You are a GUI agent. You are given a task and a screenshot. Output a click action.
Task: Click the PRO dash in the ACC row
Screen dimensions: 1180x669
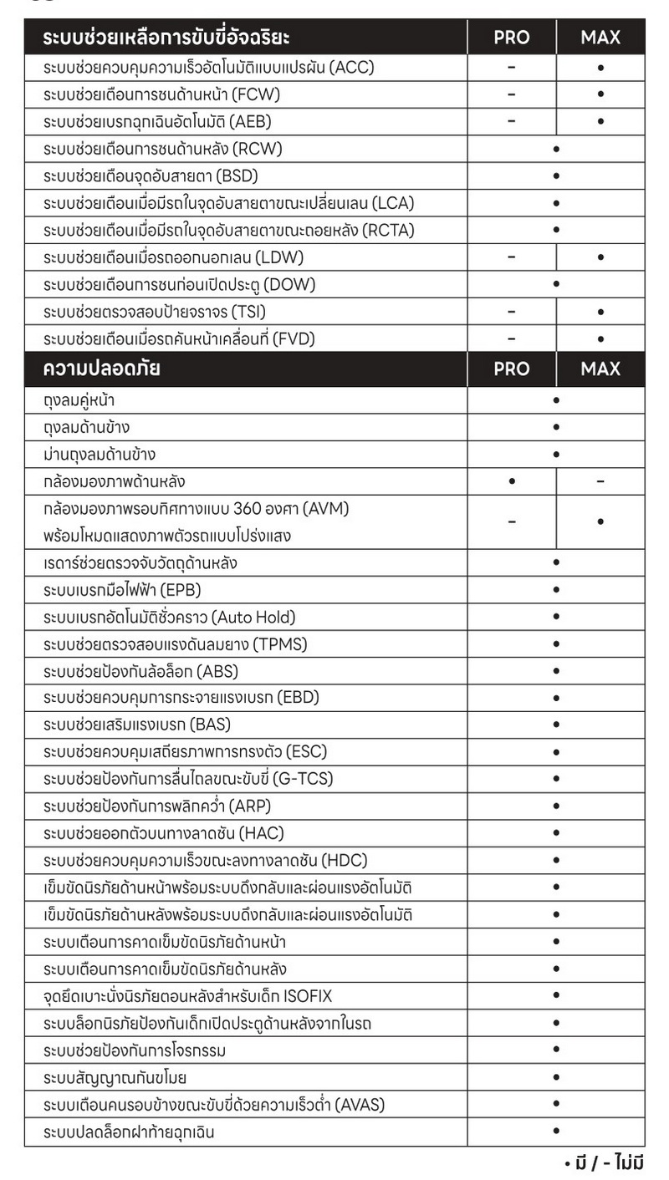pyautogui.click(x=511, y=68)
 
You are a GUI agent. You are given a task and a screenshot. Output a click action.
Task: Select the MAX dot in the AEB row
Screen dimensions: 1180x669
pyautogui.click(x=600, y=122)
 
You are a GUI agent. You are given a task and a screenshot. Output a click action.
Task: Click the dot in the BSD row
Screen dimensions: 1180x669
pyautogui.click(x=556, y=176)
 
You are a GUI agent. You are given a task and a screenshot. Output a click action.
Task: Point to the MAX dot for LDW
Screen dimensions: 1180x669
pyautogui.click(x=600, y=257)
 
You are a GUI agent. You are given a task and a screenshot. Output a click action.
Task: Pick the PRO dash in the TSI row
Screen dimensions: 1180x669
pyautogui.click(x=511, y=312)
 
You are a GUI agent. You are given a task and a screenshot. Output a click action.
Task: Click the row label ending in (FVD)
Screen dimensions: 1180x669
pyautogui.click(x=179, y=338)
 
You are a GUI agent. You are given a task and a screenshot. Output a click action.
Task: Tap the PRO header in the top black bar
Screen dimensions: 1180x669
pyautogui.click(x=511, y=38)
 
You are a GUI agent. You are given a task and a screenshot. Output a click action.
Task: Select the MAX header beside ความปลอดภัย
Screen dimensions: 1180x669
pyautogui.click(x=600, y=369)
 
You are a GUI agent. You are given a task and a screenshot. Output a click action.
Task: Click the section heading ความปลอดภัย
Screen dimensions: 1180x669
pyautogui.click(x=103, y=369)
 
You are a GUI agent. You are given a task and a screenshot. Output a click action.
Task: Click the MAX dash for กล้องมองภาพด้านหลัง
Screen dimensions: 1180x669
pyautogui.click(x=600, y=481)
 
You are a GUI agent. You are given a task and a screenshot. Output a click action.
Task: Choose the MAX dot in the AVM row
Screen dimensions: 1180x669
pyautogui.click(x=600, y=521)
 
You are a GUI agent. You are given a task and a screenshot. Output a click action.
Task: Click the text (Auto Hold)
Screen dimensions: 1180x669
pyautogui.click(x=253, y=618)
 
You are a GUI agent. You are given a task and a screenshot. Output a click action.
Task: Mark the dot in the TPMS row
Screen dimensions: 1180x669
pyautogui.click(x=556, y=644)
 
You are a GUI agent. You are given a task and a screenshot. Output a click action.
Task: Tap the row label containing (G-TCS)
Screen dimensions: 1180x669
pyautogui.click(x=188, y=780)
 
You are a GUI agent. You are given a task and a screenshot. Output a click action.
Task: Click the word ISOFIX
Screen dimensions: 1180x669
pyautogui.click(x=314, y=996)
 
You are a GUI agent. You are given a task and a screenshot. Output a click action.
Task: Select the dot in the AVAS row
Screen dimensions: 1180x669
pyautogui.click(x=556, y=1104)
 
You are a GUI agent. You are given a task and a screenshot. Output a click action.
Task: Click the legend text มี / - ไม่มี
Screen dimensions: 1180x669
pyautogui.click(x=604, y=1162)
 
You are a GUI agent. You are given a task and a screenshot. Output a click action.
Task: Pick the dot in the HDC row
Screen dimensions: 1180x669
pyautogui.click(x=556, y=861)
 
